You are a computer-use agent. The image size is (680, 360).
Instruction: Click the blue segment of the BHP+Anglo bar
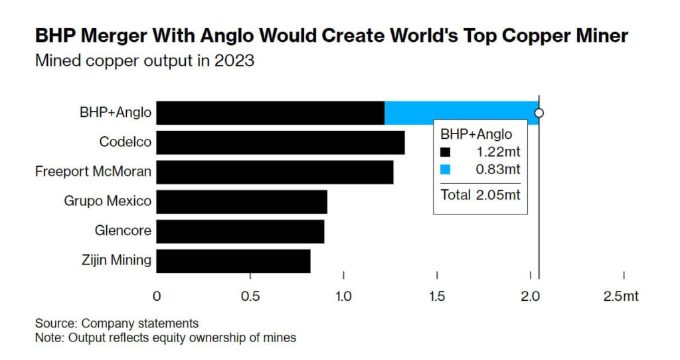(x=461, y=113)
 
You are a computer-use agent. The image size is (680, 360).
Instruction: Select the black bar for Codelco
(x=281, y=143)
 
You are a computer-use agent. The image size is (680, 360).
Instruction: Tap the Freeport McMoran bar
(x=275, y=172)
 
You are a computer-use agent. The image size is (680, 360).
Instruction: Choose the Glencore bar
(x=240, y=231)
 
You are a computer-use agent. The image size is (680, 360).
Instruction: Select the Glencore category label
(x=123, y=231)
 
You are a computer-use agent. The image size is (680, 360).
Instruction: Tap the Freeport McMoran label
(x=93, y=172)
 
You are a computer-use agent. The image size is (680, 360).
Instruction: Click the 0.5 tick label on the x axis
(x=250, y=296)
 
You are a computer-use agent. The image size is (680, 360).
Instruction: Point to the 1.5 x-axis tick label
(x=437, y=296)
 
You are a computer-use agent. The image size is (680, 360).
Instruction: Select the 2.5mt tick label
(x=621, y=296)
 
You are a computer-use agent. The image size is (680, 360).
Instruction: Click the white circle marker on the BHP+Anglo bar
(x=539, y=113)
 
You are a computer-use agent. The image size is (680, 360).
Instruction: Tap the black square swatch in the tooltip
(x=446, y=151)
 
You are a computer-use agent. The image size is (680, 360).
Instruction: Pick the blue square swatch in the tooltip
(x=446, y=169)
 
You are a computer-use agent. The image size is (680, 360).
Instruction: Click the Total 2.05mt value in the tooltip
(x=480, y=195)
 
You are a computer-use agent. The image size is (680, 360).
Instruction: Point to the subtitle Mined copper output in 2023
(x=144, y=61)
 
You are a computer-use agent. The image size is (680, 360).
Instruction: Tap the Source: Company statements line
(x=117, y=323)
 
